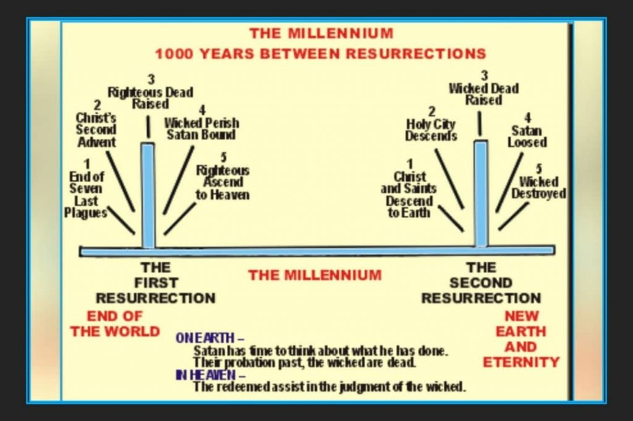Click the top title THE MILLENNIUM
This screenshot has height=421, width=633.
(321, 33)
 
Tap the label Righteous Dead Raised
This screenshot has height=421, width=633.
(151, 98)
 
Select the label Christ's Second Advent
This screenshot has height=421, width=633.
(96, 130)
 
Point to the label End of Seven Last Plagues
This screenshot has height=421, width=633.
(85, 194)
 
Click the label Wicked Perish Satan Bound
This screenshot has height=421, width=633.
(202, 128)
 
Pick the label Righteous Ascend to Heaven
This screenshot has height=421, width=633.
(223, 182)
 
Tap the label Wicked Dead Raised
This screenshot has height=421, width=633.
(483, 94)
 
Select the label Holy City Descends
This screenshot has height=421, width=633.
(431, 130)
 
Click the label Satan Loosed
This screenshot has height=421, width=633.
(527, 136)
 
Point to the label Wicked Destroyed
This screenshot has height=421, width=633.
(538, 187)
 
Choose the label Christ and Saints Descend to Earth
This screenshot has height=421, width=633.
(409, 194)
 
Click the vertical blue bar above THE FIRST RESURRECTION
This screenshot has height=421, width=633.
(148, 196)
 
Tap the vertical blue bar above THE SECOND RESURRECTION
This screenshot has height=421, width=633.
(481, 194)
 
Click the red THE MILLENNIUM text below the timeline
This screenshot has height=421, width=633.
(315, 275)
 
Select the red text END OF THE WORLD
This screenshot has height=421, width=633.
(115, 324)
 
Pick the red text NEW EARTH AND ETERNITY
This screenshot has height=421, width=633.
(520, 339)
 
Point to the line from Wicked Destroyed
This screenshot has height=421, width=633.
(514, 216)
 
